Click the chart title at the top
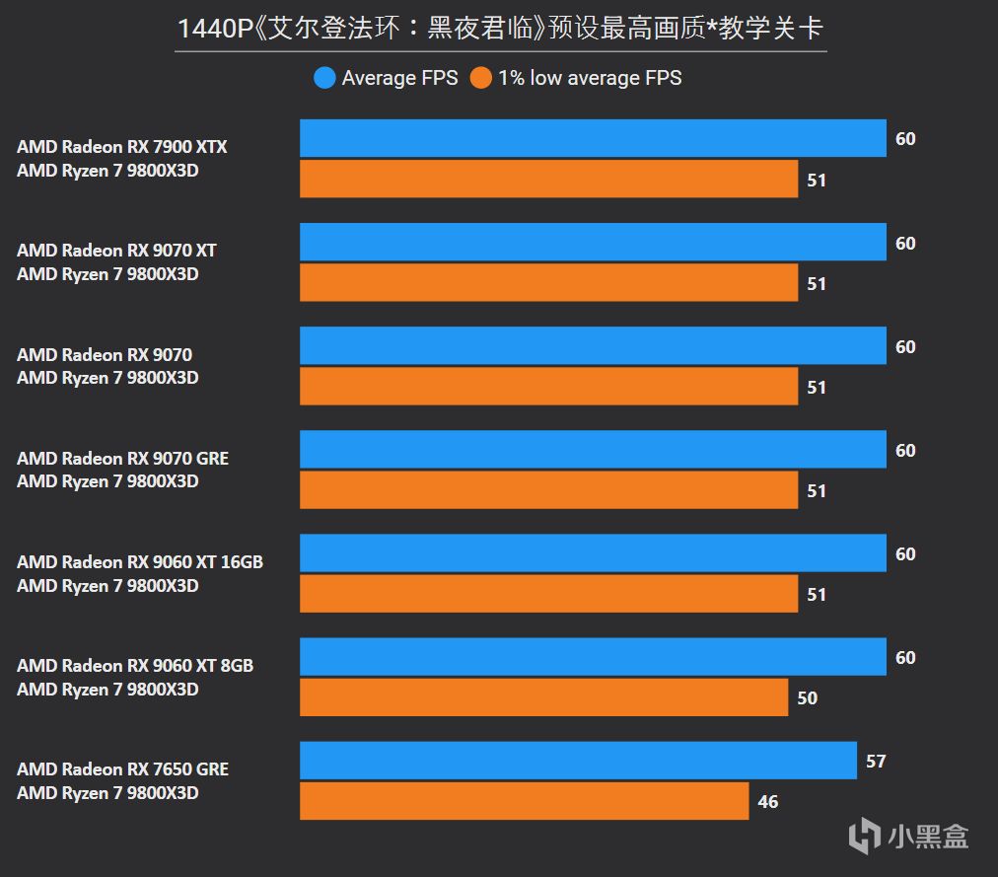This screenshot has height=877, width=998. [x=500, y=28]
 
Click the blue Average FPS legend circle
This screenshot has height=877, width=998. [x=324, y=78]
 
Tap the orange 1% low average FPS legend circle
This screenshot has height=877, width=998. [x=481, y=78]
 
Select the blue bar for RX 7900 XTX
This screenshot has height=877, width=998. [x=593, y=138]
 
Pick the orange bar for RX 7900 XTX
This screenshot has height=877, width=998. [x=548, y=180]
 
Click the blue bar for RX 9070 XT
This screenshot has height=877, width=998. [x=593, y=243]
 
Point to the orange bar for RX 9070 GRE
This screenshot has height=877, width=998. [x=548, y=490]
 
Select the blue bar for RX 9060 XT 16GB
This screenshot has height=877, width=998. [x=593, y=553]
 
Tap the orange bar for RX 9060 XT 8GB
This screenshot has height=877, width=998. [x=543, y=697]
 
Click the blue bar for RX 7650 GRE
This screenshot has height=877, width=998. [x=578, y=761]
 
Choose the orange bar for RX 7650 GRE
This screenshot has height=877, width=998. [x=524, y=801]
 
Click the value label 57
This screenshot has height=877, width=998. [x=876, y=762]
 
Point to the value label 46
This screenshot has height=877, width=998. [x=768, y=802]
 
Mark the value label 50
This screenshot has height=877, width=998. [x=807, y=698]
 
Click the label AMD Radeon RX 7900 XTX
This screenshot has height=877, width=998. [x=122, y=147]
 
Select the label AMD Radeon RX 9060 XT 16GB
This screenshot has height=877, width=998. [x=140, y=562]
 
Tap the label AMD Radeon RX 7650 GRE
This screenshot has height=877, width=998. [x=122, y=769]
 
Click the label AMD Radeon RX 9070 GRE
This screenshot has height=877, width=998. [x=122, y=459]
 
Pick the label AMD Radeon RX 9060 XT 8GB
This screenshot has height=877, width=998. [x=135, y=666]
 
